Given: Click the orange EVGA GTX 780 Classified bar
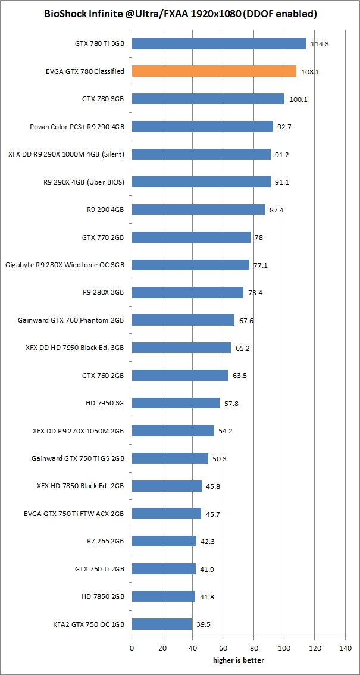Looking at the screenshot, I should [214, 71].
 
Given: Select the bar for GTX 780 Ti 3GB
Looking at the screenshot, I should [218, 43].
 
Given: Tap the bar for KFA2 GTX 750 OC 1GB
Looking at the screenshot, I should [161, 624].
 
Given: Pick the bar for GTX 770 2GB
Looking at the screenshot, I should [191, 237].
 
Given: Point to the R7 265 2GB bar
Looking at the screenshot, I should [164, 541].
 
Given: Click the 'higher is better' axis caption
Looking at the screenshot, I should [239, 660].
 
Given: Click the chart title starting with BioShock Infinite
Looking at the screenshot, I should [180, 14].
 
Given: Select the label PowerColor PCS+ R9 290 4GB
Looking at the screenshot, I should [77, 127].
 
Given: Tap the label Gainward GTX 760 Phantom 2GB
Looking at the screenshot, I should [71, 320].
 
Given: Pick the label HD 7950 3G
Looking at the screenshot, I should [105, 404].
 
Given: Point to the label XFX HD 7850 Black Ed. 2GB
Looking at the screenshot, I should [80, 486].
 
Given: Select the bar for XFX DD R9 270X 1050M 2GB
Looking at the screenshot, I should [173, 430].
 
